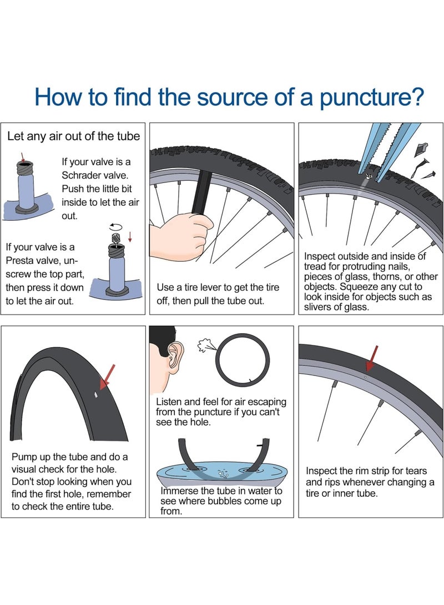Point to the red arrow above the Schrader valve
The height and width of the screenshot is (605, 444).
(23, 157)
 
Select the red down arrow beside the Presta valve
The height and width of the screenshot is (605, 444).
(130, 237)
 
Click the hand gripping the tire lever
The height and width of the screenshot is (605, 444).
(181, 235)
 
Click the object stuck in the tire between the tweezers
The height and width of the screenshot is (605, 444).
(369, 177)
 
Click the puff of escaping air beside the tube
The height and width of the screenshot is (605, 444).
(204, 345)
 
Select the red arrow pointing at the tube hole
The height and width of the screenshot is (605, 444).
(107, 377)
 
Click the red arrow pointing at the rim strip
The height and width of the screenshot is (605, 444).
(372, 358)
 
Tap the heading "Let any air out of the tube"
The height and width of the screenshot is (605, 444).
(74, 136)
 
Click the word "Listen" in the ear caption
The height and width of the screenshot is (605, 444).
(169, 402)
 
